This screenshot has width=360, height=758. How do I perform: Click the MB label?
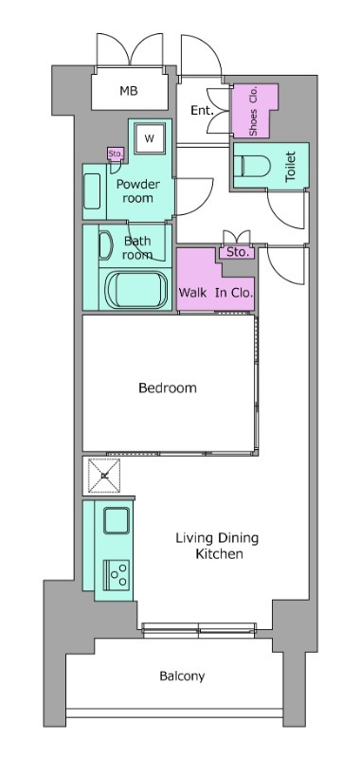(129, 90)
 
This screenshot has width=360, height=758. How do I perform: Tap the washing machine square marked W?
(150, 138)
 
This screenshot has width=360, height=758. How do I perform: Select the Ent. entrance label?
(202, 110)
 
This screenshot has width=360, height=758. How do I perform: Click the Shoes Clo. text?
(253, 112)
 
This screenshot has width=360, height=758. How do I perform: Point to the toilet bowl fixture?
(255, 165)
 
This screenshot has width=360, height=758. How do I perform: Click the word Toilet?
(290, 167)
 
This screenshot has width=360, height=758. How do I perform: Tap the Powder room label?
(137, 191)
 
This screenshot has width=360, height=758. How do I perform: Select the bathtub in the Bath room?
(136, 290)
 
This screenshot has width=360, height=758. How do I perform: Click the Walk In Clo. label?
(216, 293)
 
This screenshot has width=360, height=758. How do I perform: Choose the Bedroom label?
(168, 388)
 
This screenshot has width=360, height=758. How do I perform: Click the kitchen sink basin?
(117, 520)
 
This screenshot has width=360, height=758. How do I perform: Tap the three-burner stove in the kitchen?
(117, 573)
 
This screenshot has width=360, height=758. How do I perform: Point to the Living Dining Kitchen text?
(217, 546)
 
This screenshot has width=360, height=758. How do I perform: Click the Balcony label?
(182, 676)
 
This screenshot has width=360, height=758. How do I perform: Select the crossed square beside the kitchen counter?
(104, 477)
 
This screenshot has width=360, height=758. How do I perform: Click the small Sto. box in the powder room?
(116, 154)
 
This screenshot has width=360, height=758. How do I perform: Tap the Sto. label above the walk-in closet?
(237, 252)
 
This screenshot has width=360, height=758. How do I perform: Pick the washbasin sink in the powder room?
(92, 191)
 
